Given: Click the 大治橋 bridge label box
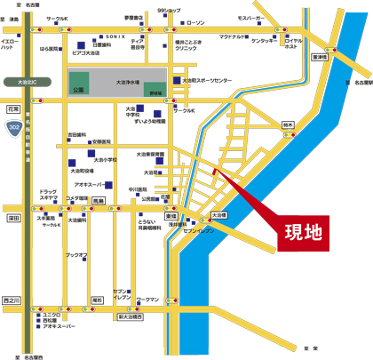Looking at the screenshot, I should pos(219,215).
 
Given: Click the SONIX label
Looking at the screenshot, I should pos(115,36).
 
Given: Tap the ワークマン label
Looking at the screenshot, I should pos(147,300).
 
